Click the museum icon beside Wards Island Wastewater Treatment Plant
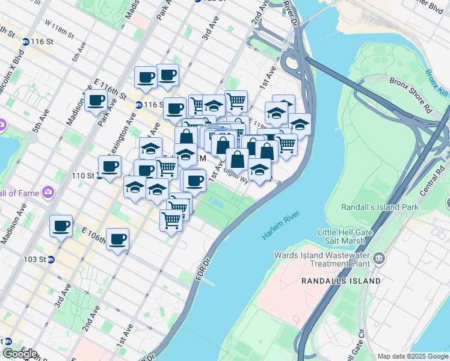pos(378,259)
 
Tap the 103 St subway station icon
pos(51,260)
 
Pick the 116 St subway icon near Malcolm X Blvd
pos(25,42)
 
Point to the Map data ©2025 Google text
pos(413,356)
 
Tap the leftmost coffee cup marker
pos(61,226)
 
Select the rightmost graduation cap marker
pos(300,125)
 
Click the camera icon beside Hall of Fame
pos(47,193)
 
